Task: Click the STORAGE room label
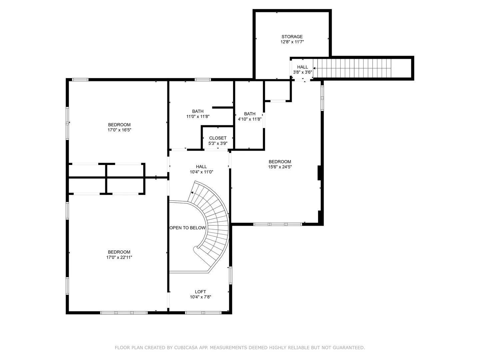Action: click(x=292, y=37)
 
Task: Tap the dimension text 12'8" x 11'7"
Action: click(x=292, y=42)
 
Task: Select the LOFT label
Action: click(x=200, y=292)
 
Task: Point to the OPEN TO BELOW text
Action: click(x=187, y=228)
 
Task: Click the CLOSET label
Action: click(x=218, y=138)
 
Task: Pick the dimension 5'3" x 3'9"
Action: click(x=218, y=143)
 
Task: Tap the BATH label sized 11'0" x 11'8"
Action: click(x=198, y=111)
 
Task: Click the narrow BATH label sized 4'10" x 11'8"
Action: click(x=250, y=114)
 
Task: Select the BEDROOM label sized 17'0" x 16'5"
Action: click(x=119, y=125)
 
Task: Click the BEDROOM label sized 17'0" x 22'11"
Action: click(x=119, y=252)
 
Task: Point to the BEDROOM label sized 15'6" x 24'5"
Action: click(x=280, y=162)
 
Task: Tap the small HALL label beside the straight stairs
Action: click(x=302, y=67)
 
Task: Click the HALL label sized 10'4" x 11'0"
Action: click(x=201, y=167)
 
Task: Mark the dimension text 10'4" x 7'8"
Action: click(x=201, y=297)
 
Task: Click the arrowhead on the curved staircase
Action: click(x=192, y=193)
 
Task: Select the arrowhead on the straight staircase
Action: click(x=314, y=68)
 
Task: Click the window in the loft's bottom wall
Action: click(x=203, y=313)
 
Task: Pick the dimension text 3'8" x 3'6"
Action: click(x=302, y=72)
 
